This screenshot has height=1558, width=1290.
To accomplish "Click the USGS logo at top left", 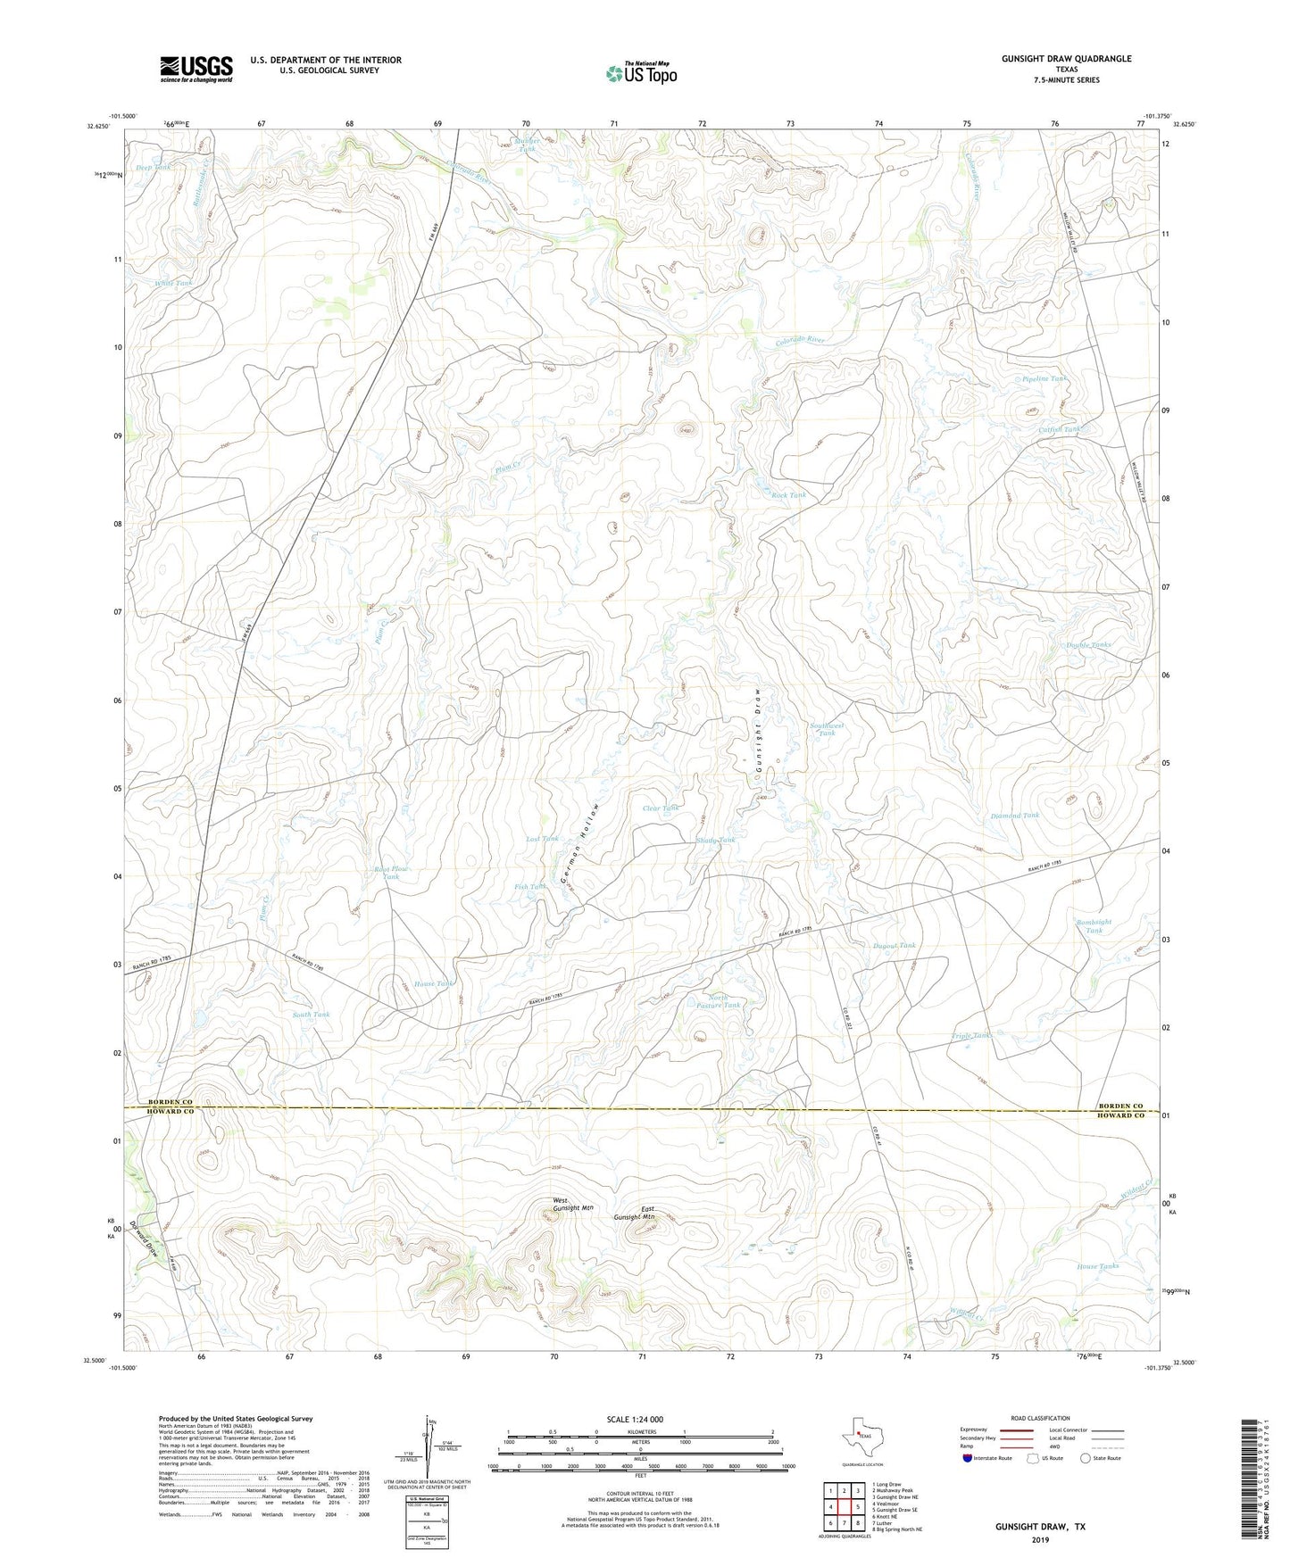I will coord(196,69).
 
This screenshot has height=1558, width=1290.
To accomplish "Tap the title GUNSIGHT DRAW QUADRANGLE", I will coord(1066,59).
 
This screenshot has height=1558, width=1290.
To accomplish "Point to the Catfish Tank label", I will coord(1059,429).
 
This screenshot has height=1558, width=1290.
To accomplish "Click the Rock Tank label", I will coord(788,495).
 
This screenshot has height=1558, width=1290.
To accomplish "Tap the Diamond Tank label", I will coord(1015,816).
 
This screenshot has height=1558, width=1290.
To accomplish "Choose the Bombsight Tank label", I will coord(1094,926).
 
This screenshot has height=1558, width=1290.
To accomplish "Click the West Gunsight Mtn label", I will coord(572,1204).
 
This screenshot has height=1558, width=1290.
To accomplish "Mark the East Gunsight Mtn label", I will coord(635,1214).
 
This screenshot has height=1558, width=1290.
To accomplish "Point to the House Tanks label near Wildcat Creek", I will coord(1097,1266).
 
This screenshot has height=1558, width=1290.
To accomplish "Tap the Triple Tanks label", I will coord(971,1036).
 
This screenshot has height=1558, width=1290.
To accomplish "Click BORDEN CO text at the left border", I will coord(171,1102).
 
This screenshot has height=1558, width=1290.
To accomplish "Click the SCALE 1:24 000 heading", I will coord(635,1420).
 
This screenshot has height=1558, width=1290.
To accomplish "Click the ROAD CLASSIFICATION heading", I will coord(1040,1418).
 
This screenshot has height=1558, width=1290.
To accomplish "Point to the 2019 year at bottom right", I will coord(1040,1539).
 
